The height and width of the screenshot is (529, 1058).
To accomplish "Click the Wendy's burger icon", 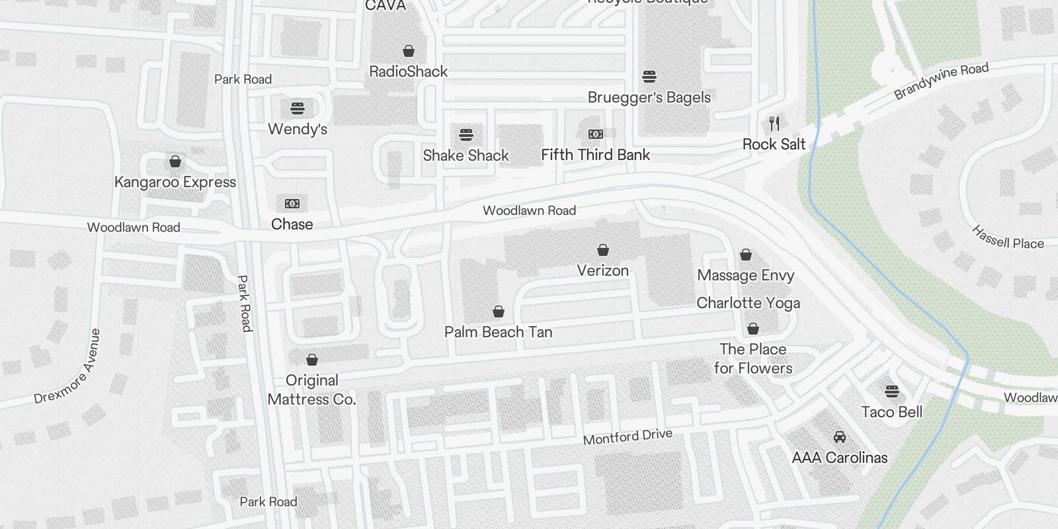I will (298, 108).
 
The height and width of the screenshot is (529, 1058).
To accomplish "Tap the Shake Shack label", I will (466, 155).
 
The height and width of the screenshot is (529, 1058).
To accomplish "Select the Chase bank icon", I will (292, 204).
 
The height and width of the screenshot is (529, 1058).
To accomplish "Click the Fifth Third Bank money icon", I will (595, 134).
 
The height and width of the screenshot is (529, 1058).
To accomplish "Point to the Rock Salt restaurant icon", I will (774, 123).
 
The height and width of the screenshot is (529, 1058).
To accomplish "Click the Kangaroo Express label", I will (175, 182).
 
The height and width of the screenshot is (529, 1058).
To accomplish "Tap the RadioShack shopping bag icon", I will (409, 51).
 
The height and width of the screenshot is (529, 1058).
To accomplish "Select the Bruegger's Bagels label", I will (649, 97).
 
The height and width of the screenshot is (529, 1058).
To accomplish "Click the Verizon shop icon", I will (602, 250).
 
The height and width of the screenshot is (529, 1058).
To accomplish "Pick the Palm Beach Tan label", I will (498, 332).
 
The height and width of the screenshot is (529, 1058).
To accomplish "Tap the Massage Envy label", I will (745, 275).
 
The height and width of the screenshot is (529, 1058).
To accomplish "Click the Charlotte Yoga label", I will (748, 303).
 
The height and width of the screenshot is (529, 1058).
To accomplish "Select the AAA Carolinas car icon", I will (839, 437).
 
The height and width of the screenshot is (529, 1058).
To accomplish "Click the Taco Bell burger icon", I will (891, 391).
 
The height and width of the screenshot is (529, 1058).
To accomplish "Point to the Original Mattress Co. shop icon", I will (311, 360).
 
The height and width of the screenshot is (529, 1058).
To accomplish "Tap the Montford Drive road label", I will (628, 436).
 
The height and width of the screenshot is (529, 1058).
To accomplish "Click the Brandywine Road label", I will (941, 81).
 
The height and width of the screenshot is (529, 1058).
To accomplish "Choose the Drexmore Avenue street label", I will (69, 366).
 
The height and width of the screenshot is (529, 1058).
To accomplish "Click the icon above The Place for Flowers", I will (753, 329).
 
